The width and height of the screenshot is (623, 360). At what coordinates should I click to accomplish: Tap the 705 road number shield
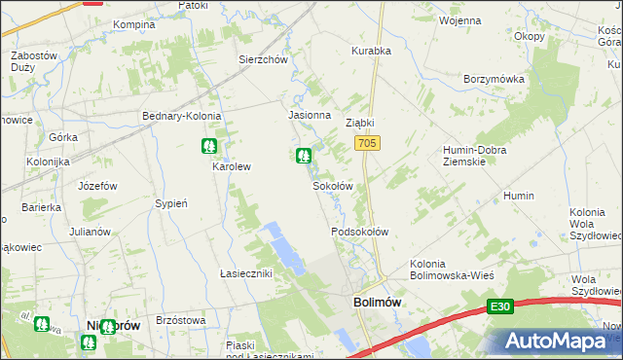point(366,144)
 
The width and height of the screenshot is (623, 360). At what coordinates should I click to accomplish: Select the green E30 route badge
point(499,306)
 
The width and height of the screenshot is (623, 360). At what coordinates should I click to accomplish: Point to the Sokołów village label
point(331,185)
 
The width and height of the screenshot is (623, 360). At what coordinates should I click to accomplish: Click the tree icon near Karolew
point(208,147)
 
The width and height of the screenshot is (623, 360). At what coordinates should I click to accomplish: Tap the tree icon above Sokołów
point(304,155)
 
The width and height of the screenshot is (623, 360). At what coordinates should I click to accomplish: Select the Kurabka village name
point(370,51)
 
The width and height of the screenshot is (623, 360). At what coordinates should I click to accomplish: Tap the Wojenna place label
point(459,19)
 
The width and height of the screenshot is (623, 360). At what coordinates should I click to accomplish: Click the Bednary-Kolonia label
point(182,116)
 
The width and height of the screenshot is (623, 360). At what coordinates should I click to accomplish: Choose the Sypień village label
point(170,203)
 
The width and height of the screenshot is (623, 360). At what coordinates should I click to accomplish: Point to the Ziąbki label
point(360,124)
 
